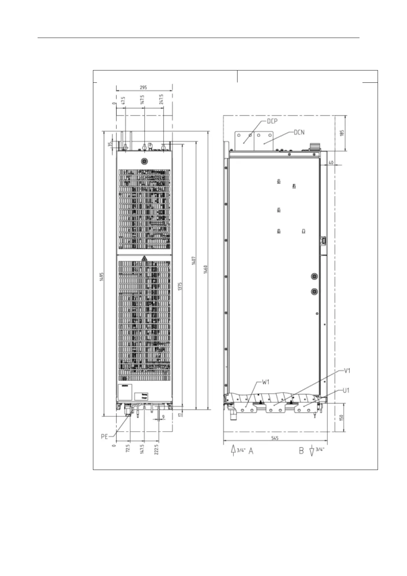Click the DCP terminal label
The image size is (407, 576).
click(x=272, y=121)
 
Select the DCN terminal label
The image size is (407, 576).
click(x=299, y=132)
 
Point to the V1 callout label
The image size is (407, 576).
click(x=347, y=370)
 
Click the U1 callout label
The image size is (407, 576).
click(x=346, y=390)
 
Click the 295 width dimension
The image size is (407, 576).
click(x=144, y=88)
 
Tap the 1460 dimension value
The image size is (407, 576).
click(x=206, y=269)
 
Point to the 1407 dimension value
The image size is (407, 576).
click(x=194, y=261)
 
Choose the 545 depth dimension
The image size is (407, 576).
click(x=275, y=438)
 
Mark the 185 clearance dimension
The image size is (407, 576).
click(x=342, y=133)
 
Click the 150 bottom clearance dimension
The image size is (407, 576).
click(x=342, y=418)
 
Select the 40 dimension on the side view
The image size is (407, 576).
click(x=331, y=163)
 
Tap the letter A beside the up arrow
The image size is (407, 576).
click(x=251, y=451)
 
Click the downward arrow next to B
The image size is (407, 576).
click(x=311, y=451)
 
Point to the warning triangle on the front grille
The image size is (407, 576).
click(x=144, y=258)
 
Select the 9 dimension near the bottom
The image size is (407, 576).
click(x=163, y=417)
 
